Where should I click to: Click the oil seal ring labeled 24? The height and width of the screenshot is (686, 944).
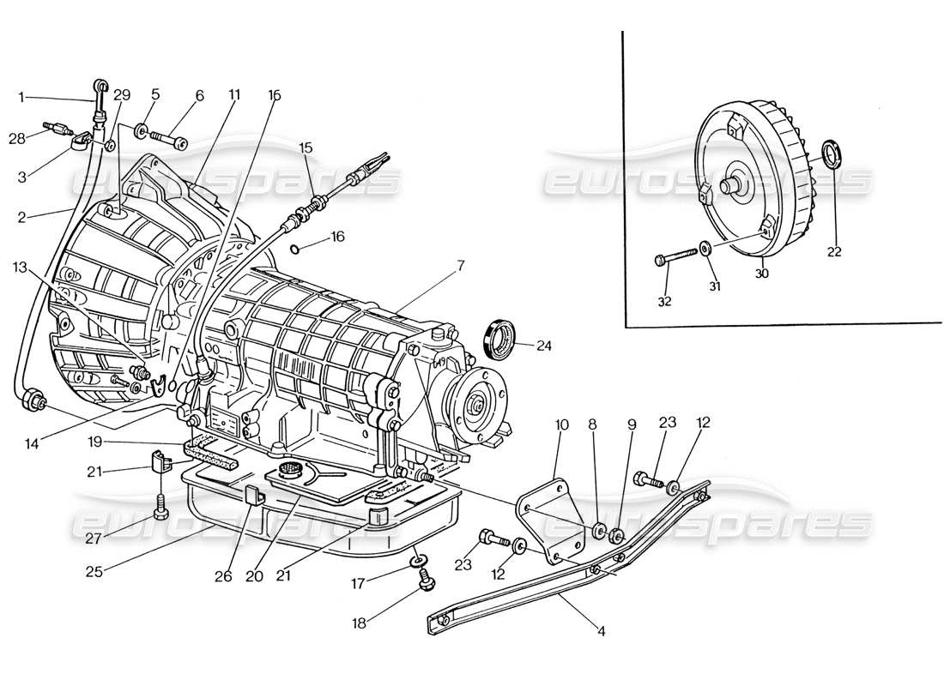[499, 338]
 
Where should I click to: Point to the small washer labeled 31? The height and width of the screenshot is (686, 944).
[705, 249]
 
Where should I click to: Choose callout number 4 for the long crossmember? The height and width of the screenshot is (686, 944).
[601, 632]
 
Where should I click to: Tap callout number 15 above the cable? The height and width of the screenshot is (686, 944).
[306, 147]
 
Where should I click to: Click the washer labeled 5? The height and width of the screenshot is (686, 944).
[140, 132]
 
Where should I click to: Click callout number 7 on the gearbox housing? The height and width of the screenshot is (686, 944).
[460, 267]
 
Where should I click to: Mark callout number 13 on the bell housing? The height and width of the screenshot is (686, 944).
[21, 268]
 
